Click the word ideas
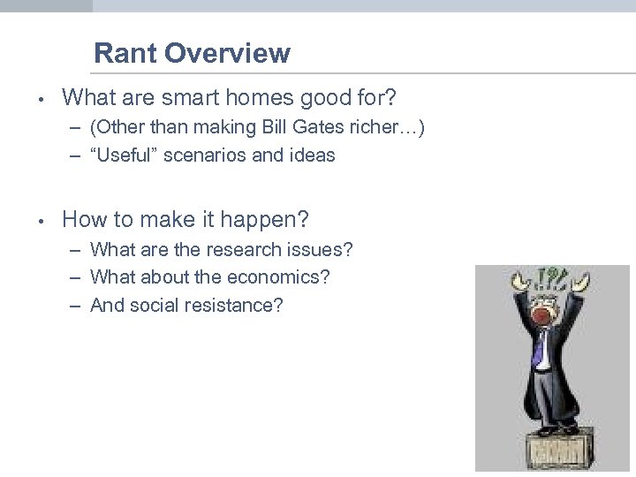[312, 155]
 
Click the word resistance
[237, 305]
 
